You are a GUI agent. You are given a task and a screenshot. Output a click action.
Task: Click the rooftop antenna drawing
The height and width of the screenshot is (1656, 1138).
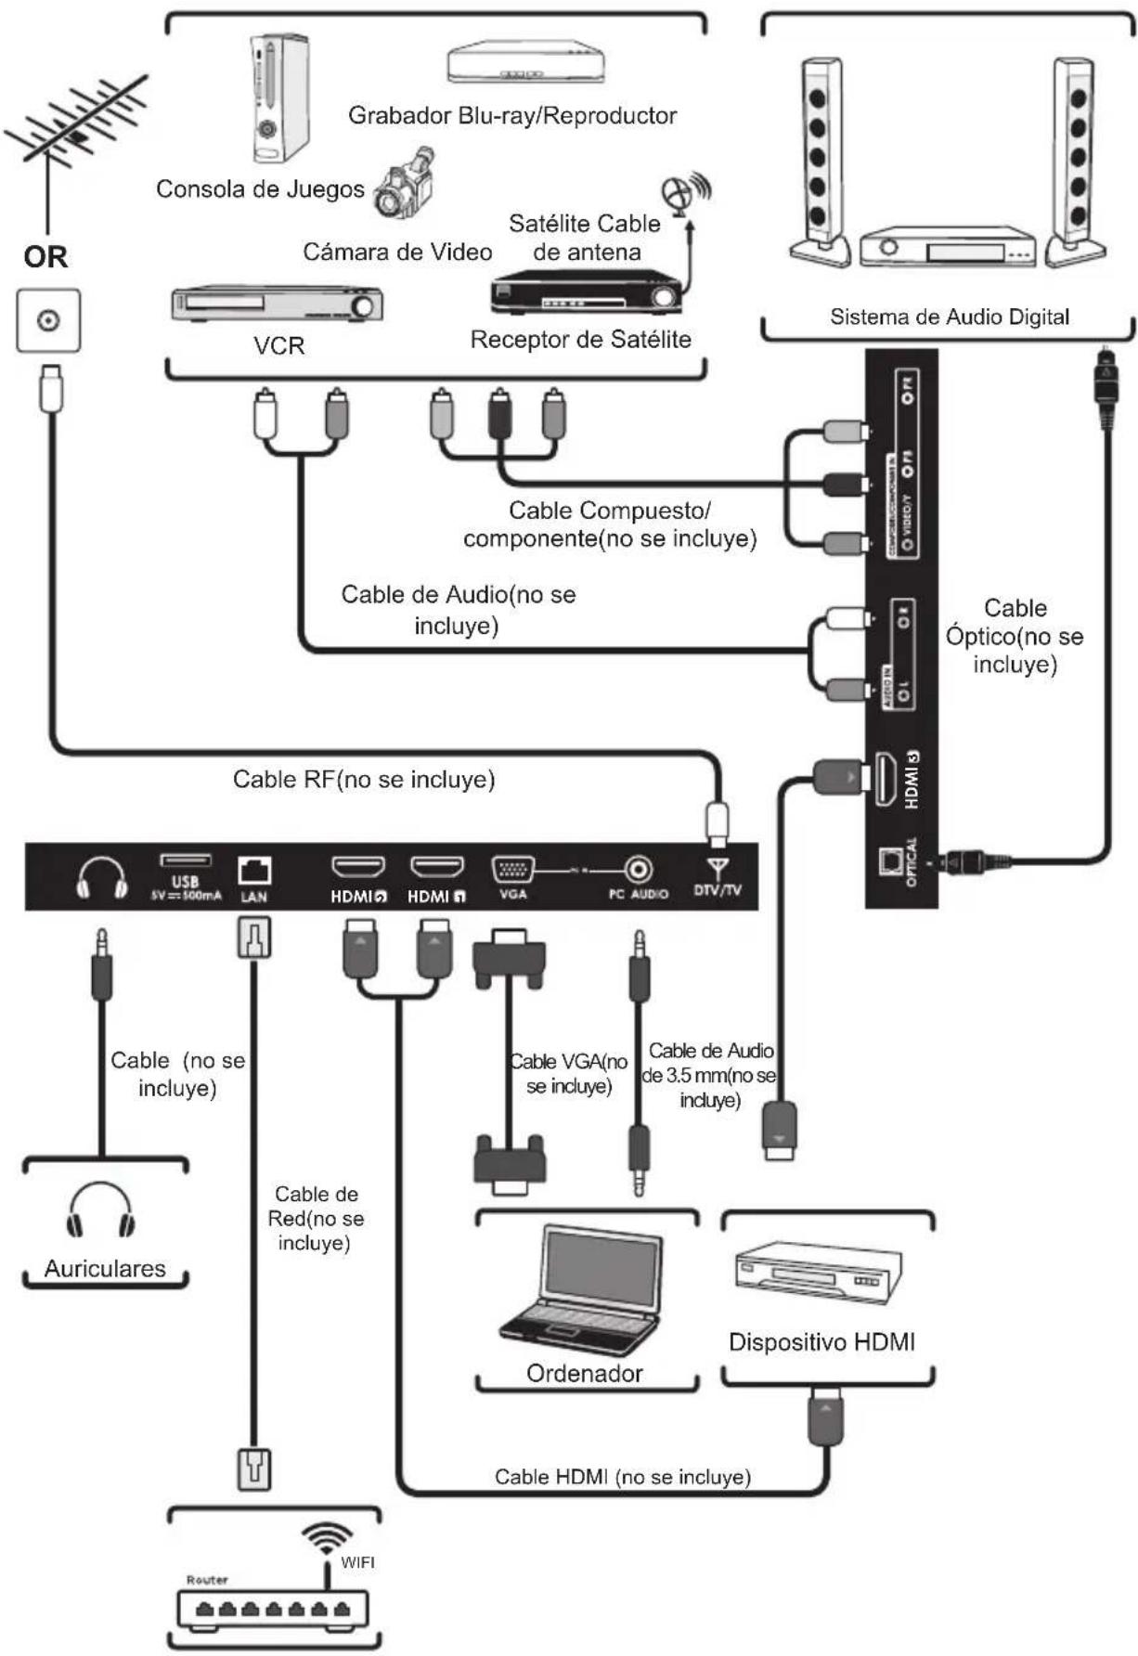pos(74,130)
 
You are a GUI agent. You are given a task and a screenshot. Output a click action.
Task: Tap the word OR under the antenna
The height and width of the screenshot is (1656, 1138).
pos(45,256)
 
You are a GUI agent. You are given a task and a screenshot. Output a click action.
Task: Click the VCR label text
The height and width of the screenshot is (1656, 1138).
pos(278,345)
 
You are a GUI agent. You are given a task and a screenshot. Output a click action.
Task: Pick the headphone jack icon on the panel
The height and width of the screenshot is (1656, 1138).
pos(101,877)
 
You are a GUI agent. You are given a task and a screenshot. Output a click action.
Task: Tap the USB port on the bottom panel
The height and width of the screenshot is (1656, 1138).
pos(186,861)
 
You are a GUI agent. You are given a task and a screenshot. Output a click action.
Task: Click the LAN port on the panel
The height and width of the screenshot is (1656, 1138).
pos(253,871)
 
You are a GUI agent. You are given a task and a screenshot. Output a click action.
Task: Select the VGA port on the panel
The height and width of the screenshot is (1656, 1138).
pos(512,870)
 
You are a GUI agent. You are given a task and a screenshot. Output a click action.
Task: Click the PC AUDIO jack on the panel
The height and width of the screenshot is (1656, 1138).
pos(638,870)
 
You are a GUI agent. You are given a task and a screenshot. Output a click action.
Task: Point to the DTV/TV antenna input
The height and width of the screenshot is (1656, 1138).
pos(717,870)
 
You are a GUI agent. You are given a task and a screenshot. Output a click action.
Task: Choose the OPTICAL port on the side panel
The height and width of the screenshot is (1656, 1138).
pos(891,860)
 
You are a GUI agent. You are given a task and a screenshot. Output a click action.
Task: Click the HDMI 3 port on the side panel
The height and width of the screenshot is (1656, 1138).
pos(884,779)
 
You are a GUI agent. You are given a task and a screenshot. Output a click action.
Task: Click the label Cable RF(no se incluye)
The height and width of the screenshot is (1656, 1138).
pos(364,779)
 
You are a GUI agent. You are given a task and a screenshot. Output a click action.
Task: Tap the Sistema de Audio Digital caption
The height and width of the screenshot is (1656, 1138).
pos(949,317)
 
